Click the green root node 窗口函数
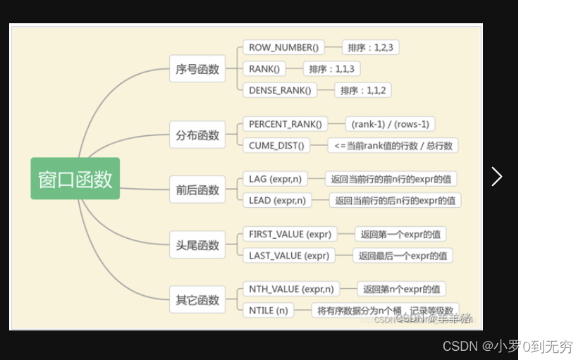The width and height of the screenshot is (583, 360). click(75, 178)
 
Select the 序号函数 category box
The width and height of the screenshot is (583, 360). click(197, 69)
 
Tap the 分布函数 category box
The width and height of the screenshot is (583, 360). click(197, 135)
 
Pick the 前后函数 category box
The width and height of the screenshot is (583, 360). click(197, 190)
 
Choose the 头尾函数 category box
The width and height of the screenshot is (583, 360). click(197, 245)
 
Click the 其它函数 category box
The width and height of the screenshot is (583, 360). click(197, 300)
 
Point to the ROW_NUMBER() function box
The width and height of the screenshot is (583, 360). click(283, 48)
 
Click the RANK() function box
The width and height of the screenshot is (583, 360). click(264, 68)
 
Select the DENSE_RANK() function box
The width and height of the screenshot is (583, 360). click(279, 89)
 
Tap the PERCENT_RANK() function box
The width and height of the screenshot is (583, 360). click(285, 124)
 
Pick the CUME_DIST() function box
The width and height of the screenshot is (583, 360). click(276, 145)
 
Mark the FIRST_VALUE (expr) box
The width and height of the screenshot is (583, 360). click(290, 234)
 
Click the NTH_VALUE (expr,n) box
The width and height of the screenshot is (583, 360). click(291, 289)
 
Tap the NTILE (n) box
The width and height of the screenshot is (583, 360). click(269, 310)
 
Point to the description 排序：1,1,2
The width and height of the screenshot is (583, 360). click(362, 89)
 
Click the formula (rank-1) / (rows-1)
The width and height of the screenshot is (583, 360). click(390, 124)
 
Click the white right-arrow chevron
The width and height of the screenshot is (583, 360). click(497, 176)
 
